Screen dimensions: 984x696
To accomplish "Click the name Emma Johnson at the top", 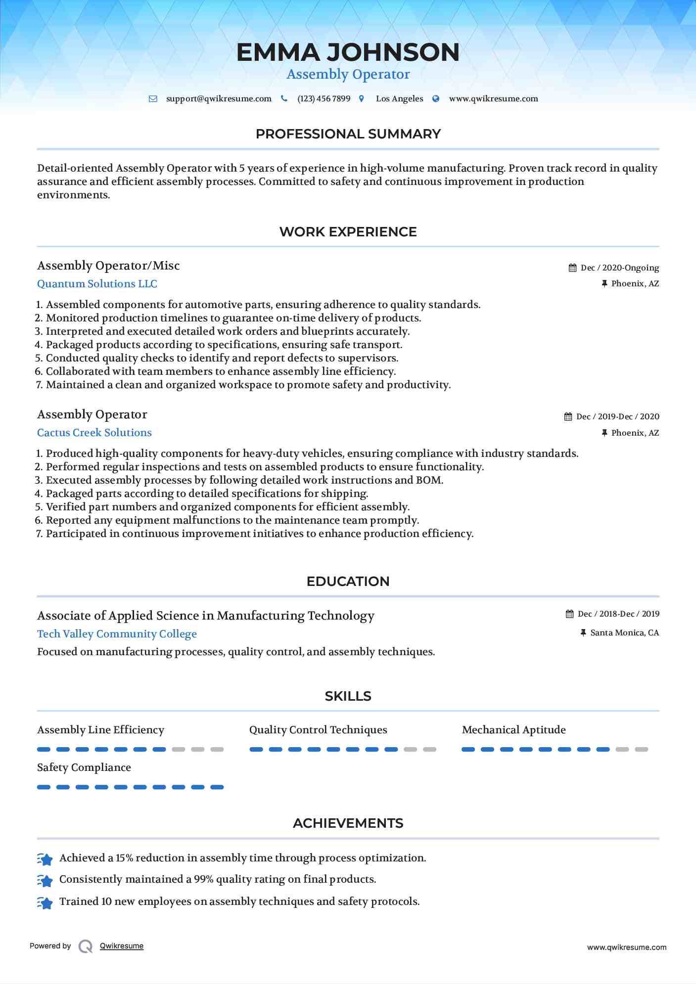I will coord(348,52).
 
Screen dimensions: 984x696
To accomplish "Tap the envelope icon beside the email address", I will coord(153,99).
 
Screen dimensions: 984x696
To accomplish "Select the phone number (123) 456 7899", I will coord(324,99).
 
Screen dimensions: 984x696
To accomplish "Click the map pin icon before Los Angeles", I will coord(362,99).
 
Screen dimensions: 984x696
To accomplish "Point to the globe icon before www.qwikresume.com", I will coord(436,99).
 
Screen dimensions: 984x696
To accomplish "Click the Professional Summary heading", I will coord(348,134).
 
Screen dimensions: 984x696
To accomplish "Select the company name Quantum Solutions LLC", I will coord(97,284).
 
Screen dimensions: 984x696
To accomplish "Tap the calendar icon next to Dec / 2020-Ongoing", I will coord(572,268).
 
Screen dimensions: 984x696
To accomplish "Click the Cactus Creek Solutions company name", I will coord(94,433).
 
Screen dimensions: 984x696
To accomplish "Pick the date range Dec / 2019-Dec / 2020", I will coord(617,417).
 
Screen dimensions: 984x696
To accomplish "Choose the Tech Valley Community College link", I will coord(117,634).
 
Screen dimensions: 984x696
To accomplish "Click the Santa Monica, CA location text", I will coord(624,633).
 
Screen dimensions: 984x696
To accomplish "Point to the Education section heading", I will coord(348,581).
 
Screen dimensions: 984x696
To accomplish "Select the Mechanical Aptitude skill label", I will coord(513,730).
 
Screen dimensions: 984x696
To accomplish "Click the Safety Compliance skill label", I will coord(84,767).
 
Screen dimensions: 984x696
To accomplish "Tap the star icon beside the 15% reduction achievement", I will coord(45,859).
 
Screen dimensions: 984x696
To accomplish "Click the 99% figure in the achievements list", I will coord(203,880).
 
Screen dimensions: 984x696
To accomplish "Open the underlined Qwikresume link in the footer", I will coord(122,946).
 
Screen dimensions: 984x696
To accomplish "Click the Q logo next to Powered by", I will coord(86,946).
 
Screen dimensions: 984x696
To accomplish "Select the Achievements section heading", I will coord(348,823).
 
